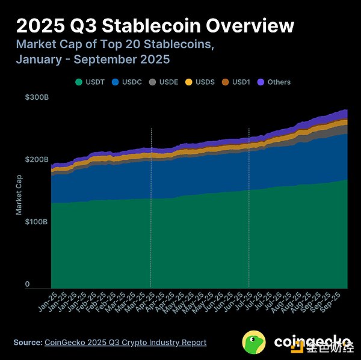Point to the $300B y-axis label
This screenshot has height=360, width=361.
(x=36, y=97)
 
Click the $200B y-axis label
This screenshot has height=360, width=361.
(x=36, y=159)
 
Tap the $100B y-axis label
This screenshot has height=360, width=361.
(x=36, y=222)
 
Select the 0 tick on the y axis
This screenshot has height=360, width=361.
(x=27, y=284)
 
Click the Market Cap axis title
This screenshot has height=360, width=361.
(x=19, y=191)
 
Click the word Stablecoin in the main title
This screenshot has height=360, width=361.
(x=153, y=26)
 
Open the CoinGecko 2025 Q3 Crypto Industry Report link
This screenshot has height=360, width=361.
(x=125, y=343)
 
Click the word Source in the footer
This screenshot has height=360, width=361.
(x=27, y=343)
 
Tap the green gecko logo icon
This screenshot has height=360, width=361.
(x=255, y=342)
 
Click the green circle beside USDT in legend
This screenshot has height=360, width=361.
(x=78, y=82)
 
